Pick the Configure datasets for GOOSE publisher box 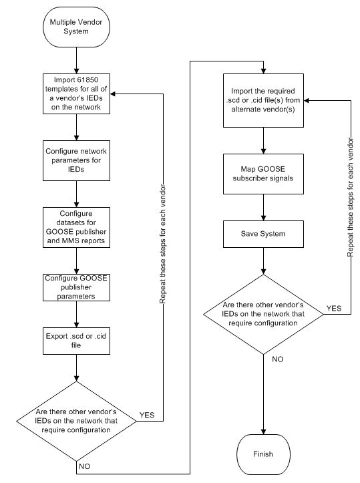point(77,225)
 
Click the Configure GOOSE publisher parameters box point(77,287)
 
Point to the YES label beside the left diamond point(147,415)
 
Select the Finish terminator point(262,454)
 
